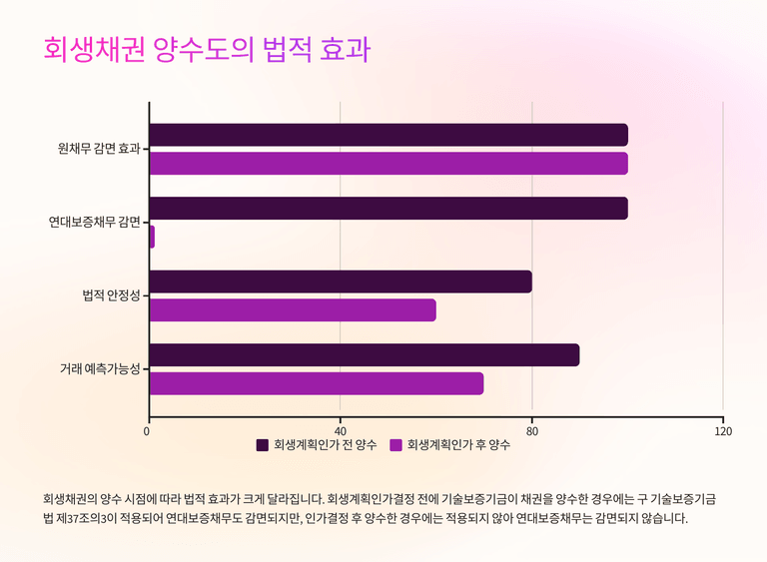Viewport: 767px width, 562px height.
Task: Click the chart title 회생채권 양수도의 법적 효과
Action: pos(207,50)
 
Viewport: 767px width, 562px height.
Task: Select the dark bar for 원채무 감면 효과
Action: pos(388,135)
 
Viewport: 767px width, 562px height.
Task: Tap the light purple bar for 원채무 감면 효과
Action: pos(388,164)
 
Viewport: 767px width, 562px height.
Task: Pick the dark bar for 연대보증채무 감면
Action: pos(388,208)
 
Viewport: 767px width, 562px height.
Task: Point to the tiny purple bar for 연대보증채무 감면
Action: pos(152,237)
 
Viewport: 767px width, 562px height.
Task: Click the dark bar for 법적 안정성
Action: pos(341,281)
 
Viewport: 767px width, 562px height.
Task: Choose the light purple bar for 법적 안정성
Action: pos(293,310)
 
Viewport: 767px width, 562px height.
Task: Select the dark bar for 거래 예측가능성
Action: pos(365,355)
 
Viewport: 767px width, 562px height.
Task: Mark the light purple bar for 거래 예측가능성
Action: pos(317,383)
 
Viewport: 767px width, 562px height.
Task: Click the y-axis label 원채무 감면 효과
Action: pos(99,150)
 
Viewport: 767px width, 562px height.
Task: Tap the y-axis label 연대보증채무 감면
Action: pos(94,223)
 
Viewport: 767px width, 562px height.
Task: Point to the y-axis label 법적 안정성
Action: pos(111,295)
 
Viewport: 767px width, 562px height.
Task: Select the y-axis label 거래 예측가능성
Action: pos(99,369)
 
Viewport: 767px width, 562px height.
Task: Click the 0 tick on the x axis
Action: pos(148,432)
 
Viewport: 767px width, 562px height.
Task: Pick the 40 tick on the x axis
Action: pos(341,432)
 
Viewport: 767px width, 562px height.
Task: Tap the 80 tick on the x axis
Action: pos(532,432)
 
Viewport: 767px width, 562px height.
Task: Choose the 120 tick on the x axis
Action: pos(723,432)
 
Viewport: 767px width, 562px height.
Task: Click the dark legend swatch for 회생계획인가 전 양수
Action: pos(263,445)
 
